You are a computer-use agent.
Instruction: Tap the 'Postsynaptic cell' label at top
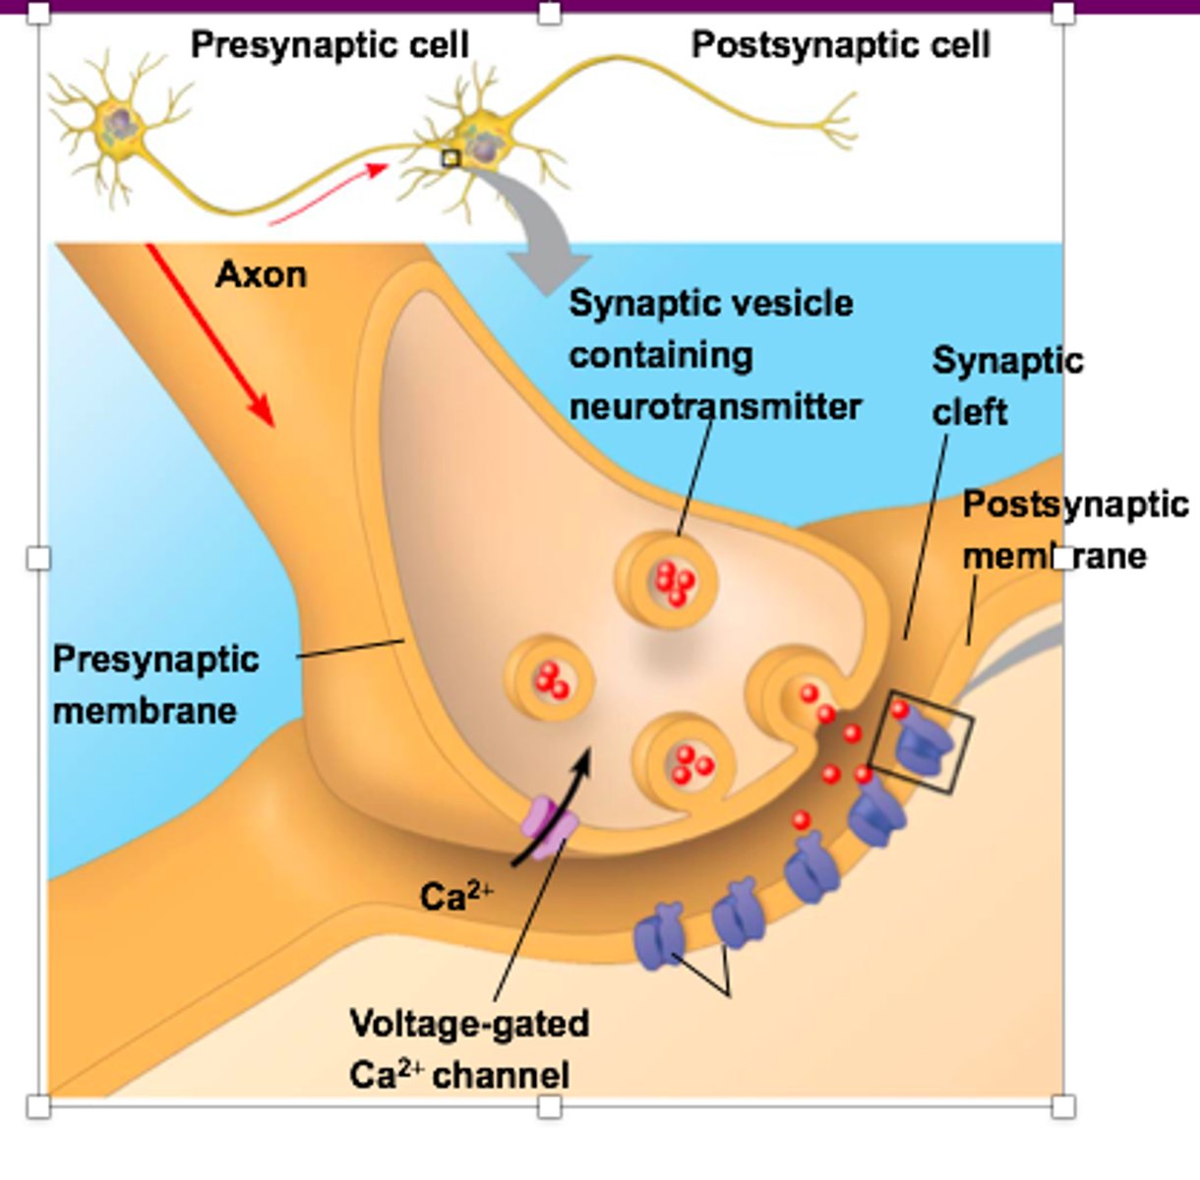840,45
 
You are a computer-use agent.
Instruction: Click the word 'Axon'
261,274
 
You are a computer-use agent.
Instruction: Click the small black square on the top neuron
450,158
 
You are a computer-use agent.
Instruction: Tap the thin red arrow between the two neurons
330,194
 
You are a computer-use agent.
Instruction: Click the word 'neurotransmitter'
715,406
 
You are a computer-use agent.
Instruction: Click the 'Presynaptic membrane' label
154,684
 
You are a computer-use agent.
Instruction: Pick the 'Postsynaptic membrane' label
1072,530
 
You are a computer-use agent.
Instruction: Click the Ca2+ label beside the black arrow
455,895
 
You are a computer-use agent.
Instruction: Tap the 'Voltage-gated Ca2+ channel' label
468,1049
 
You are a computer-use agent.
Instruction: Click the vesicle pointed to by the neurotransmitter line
667,582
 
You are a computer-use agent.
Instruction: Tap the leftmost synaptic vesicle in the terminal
549,678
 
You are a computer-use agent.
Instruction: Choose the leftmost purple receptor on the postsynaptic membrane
658,937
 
